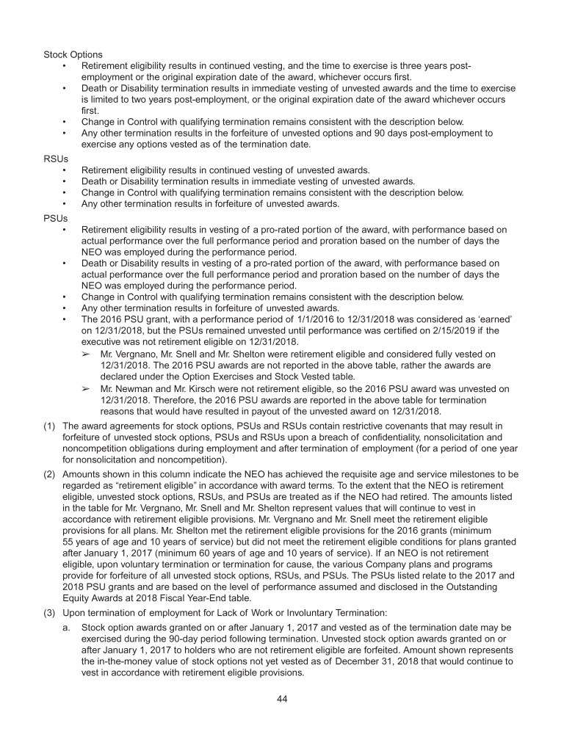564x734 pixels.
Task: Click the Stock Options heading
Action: tap(73, 54)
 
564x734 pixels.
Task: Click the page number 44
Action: tap(282, 698)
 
